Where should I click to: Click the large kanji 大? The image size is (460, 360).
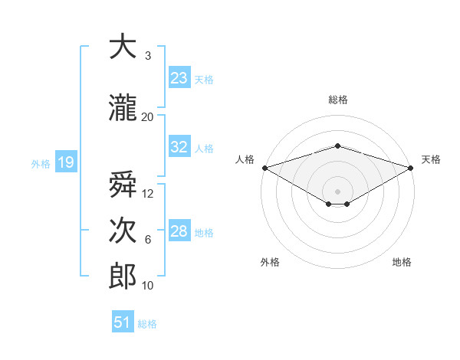point(123,46)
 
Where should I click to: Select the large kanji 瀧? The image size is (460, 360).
point(123,107)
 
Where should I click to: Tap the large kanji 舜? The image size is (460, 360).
point(123,184)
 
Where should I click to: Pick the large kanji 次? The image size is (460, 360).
point(123,230)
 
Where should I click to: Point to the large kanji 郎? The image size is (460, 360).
point(123,276)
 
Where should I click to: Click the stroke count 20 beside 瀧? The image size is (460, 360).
point(147,117)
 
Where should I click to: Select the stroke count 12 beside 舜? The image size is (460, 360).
point(147,194)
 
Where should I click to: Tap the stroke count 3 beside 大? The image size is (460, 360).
point(148,55)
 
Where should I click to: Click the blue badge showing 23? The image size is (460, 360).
point(179,77)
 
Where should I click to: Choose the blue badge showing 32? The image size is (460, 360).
point(179,146)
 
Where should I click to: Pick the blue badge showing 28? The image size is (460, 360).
point(179,230)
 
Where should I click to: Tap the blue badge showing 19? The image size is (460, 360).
point(66,162)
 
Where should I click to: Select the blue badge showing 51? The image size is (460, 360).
point(123,321)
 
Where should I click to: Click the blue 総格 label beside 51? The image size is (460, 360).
point(147,324)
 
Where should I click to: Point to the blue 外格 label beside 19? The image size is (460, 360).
point(41,164)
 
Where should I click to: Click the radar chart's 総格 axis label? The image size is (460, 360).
point(338,100)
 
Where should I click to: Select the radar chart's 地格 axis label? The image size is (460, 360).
point(402,262)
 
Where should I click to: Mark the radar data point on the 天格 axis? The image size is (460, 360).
point(411,168)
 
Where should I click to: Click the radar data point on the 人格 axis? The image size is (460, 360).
point(265,168)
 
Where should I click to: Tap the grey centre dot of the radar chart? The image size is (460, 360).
point(337,191)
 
